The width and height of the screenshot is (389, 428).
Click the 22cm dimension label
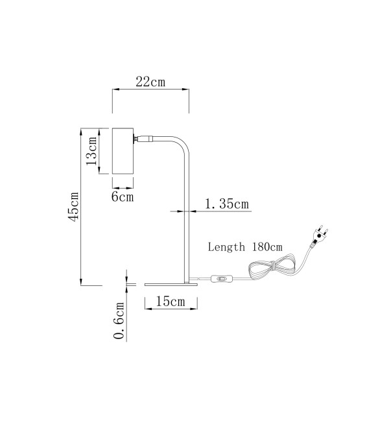(x=150, y=82)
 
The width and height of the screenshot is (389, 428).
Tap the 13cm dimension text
(x=91, y=151)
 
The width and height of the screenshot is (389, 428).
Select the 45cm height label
(x=73, y=207)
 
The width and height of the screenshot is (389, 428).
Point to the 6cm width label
(x=123, y=196)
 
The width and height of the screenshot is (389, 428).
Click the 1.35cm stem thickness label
(x=227, y=204)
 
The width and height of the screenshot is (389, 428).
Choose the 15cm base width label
(x=171, y=302)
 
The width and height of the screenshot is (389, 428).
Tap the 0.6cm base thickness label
(x=119, y=320)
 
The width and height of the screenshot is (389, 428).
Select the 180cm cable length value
(x=267, y=247)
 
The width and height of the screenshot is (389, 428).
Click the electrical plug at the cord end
(x=320, y=236)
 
